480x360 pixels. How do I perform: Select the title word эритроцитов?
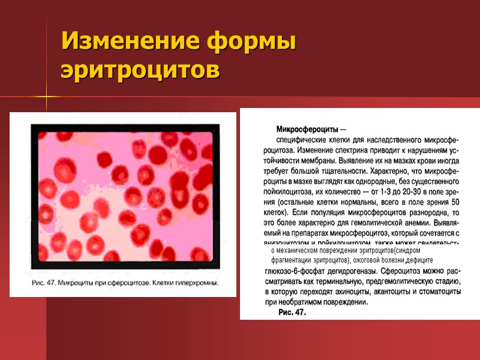coord(140,70)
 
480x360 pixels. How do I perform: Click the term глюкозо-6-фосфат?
coord(292,272)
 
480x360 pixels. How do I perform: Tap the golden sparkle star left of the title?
coord(46,96)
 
